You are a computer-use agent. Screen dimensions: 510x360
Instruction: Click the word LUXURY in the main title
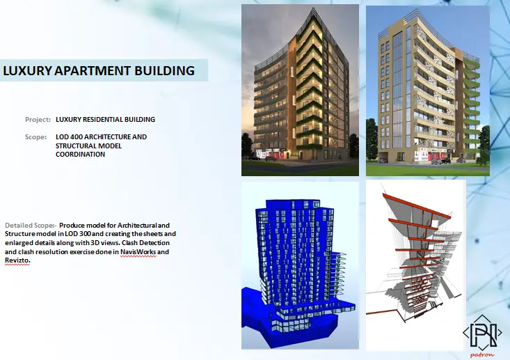27,70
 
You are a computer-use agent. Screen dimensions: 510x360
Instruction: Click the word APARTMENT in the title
93,70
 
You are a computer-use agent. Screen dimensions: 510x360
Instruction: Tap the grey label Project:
38,120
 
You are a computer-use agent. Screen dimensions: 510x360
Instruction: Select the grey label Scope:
35,137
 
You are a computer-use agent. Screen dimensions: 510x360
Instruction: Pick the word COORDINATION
80,155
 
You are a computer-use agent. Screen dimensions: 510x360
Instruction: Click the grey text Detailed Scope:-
31,225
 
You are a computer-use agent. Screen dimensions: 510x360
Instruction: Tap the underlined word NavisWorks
138,252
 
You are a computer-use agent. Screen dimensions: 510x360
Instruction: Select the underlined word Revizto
17,260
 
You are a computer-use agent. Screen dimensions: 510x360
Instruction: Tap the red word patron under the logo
482,355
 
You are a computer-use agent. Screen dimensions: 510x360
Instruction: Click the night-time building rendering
300,90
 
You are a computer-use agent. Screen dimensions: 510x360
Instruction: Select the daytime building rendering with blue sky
428,91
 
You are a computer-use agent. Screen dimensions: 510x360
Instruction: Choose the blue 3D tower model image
300,265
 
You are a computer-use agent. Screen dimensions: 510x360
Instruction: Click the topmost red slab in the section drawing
417,205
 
